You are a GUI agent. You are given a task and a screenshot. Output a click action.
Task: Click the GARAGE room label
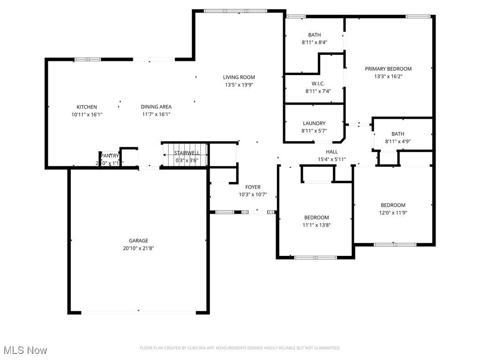(139, 240)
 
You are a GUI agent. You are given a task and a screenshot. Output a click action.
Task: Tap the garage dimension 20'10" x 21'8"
(139, 248)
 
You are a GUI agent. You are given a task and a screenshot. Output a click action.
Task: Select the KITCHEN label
(87, 107)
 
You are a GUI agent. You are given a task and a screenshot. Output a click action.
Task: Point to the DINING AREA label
(156, 107)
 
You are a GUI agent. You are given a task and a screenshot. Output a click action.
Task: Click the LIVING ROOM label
(239, 77)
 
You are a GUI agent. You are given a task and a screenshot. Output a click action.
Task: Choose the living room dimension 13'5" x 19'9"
(239, 85)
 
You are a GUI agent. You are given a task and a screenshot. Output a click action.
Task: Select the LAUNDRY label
(314, 123)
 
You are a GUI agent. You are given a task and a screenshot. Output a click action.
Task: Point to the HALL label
(332, 152)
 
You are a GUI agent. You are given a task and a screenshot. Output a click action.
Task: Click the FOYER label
(253, 187)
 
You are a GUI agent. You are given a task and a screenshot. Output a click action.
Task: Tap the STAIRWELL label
(187, 153)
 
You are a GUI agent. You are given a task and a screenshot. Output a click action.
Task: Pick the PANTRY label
(110, 156)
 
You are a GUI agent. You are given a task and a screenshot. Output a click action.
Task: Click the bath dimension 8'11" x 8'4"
(315, 42)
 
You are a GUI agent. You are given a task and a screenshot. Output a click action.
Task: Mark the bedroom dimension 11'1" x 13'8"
(316, 225)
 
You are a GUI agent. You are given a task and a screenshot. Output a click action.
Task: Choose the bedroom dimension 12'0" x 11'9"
(393, 212)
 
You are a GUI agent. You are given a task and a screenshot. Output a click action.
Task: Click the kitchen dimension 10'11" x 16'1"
(87, 114)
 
